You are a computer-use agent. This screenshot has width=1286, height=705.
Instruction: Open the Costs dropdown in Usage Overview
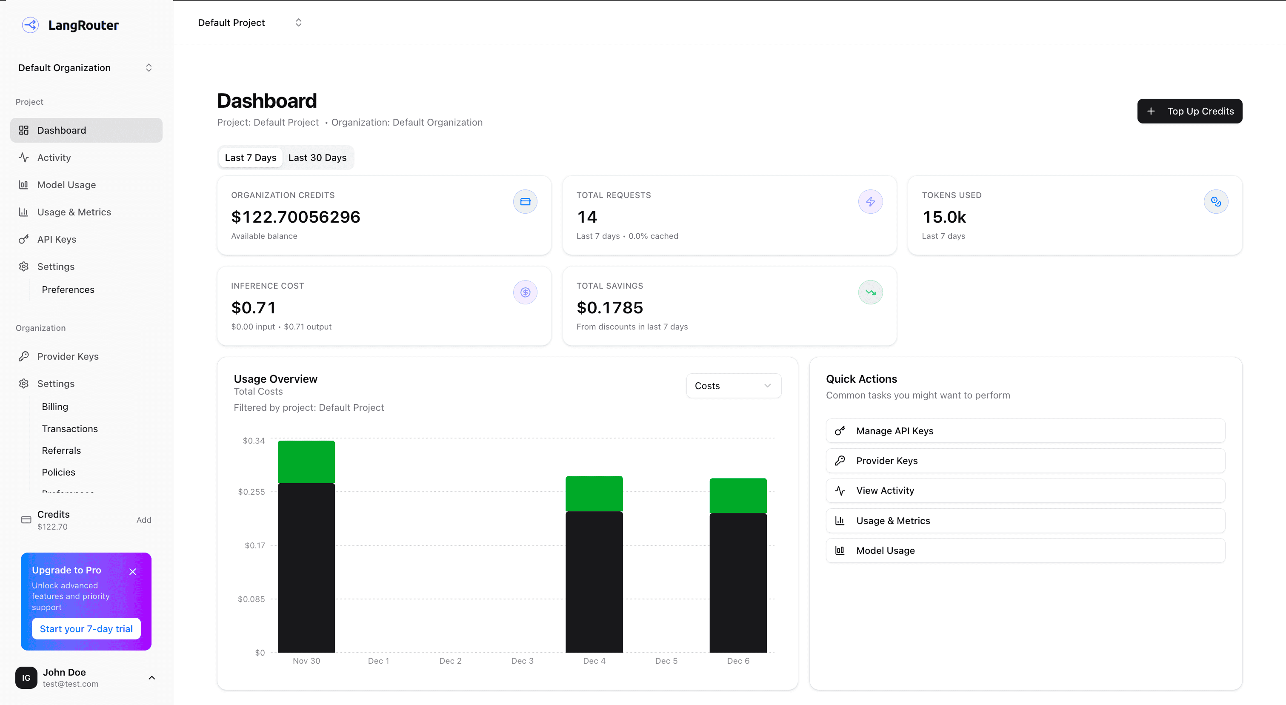(x=733, y=385)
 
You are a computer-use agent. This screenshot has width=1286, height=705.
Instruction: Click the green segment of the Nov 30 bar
(x=306, y=462)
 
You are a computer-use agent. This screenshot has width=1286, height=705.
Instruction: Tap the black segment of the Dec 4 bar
(x=594, y=582)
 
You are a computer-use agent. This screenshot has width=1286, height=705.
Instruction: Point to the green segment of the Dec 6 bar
(x=738, y=495)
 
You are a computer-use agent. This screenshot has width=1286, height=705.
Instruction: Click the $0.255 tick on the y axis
(x=251, y=492)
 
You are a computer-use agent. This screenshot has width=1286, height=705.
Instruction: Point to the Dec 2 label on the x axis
(x=450, y=661)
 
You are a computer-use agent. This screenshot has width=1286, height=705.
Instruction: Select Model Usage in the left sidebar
(x=66, y=185)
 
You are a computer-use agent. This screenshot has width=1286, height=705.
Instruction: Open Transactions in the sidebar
(x=70, y=428)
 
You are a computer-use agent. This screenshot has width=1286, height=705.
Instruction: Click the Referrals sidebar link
(x=61, y=450)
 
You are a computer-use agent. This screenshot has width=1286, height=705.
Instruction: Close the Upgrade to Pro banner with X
(x=132, y=571)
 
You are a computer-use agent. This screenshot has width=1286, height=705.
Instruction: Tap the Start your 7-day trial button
(x=86, y=629)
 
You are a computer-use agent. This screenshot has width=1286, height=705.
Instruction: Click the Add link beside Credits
(x=144, y=520)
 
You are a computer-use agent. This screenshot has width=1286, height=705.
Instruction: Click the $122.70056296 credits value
(x=295, y=217)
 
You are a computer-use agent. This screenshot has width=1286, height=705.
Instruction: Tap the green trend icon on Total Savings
(x=870, y=292)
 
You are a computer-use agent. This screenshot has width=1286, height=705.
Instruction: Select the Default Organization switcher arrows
(x=148, y=67)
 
